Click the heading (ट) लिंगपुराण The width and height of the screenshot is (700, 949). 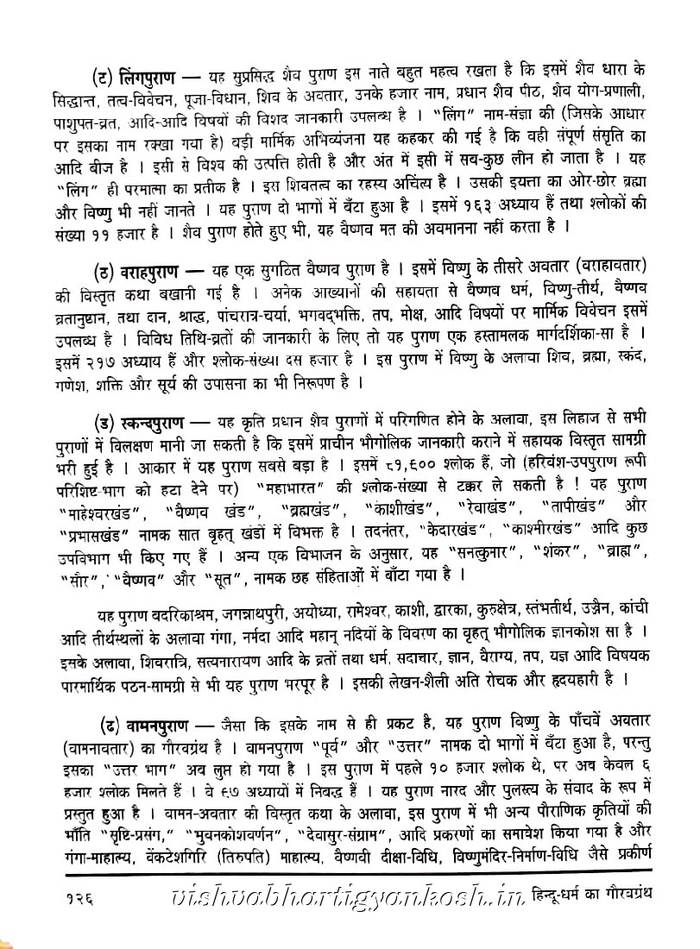[142, 70]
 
